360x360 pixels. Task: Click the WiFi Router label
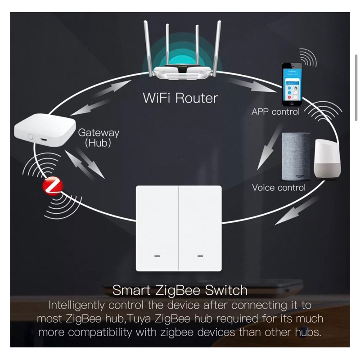pos(180,98)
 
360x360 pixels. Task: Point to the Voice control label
pos(279,188)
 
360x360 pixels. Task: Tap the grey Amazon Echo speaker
pos(296,155)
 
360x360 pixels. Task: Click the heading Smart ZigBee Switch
pos(180,290)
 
